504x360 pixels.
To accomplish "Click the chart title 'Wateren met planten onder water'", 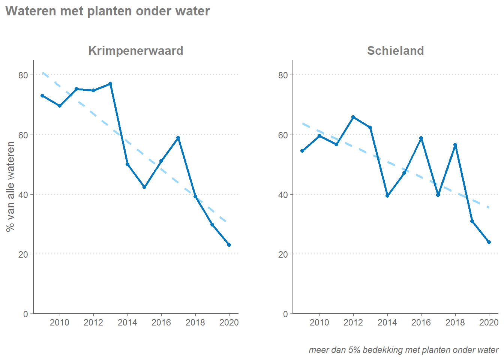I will [x=108, y=11].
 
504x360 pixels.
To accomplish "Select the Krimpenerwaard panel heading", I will [x=135, y=51].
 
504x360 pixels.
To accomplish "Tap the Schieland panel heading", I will [x=395, y=51].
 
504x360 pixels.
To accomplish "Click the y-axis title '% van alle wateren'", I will [x=10, y=186].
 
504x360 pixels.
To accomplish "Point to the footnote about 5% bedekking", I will [x=403, y=350].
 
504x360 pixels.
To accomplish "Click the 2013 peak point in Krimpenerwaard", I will [x=110, y=84].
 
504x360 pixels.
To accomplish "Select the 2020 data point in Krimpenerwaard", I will [x=229, y=245].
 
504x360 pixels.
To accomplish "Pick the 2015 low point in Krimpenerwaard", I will [x=144, y=187].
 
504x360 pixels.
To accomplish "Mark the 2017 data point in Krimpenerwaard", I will [x=178, y=138].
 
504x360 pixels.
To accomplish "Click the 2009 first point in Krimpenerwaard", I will [x=42, y=96].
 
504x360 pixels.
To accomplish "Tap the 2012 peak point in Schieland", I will [x=353, y=117].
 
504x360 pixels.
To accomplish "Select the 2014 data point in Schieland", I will [x=387, y=196].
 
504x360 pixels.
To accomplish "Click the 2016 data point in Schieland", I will [x=421, y=138].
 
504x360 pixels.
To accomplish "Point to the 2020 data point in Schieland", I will [x=489, y=242].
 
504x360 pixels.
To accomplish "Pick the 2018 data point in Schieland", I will [x=455, y=145].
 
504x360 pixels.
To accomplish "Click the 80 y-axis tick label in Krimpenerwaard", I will [x=23, y=75].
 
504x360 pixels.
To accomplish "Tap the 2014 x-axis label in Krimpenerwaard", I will [x=127, y=322].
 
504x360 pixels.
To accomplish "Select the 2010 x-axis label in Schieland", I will [x=319, y=322].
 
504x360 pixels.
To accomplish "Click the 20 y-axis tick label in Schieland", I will [x=283, y=254].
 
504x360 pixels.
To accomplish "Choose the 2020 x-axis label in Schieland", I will [x=489, y=322].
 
